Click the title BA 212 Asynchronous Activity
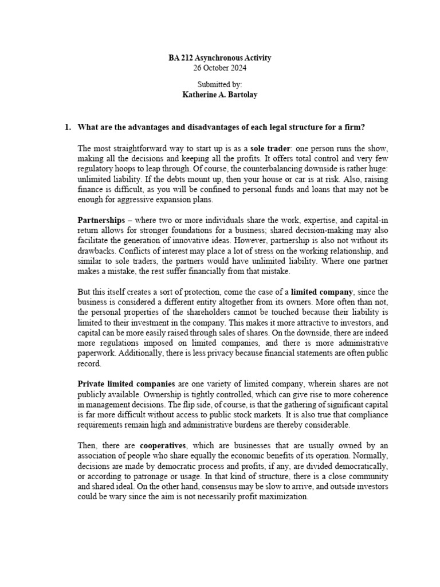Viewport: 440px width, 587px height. pyautogui.click(x=220, y=58)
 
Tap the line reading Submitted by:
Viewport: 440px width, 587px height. pyautogui.click(x=220, y=85)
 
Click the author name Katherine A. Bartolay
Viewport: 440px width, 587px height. pyautogui.click(x=220, y=95)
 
